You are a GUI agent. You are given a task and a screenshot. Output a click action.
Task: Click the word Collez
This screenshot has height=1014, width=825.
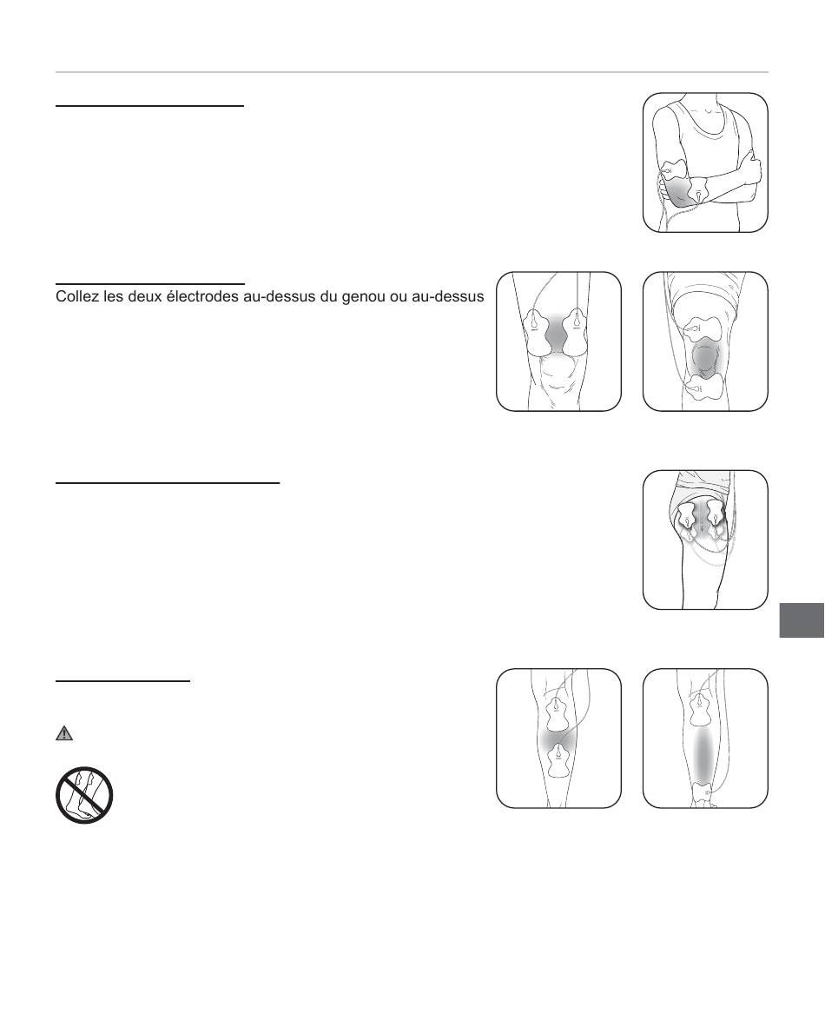[75, 297]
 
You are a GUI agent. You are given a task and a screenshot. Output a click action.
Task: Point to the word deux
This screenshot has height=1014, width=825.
[141, 297]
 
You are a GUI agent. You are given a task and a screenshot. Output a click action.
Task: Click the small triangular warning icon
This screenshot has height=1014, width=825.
[64, 733]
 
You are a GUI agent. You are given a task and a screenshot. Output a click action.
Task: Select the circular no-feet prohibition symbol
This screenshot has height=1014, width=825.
[85, 795]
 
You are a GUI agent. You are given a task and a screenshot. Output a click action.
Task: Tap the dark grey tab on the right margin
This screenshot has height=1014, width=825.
[802, 620]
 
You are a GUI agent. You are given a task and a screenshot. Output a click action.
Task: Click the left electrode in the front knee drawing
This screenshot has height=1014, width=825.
[538, 332]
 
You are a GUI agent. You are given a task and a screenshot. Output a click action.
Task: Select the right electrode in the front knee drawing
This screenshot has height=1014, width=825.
[576, 332]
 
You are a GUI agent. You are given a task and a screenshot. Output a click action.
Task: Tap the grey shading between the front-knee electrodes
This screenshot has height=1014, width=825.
[557, 333]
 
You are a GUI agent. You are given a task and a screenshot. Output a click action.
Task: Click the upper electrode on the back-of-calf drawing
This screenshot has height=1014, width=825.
[558, 711]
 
